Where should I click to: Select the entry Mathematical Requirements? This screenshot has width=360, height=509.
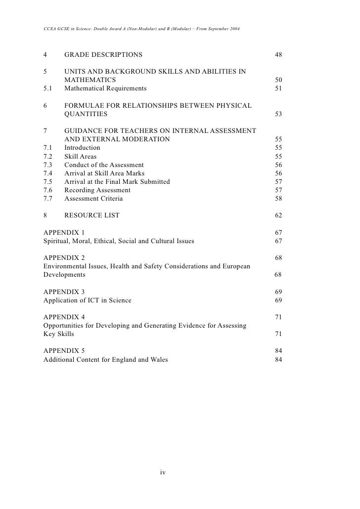pyautogui.click(x=105, y=88)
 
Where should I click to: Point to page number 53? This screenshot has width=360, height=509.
pyautogui.click(x=278, y=114)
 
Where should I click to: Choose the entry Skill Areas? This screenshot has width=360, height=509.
pyautogui.click(x=81, y=156)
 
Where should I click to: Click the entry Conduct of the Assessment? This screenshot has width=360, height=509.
pyautogui.click(x=104, y=165)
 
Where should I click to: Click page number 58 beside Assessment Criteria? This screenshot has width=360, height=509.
pyautogui.click(x=278, y=199)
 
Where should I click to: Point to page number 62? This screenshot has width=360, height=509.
pyautogui.click(x=278, y=215)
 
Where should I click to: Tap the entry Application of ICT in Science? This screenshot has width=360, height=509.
pyautogui.click(x=88, y=300)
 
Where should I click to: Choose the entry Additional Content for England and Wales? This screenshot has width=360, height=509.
pyautogui.click(x=106, y=359)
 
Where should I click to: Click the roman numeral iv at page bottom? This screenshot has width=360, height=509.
pyautogui.click(x=162, y=472)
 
